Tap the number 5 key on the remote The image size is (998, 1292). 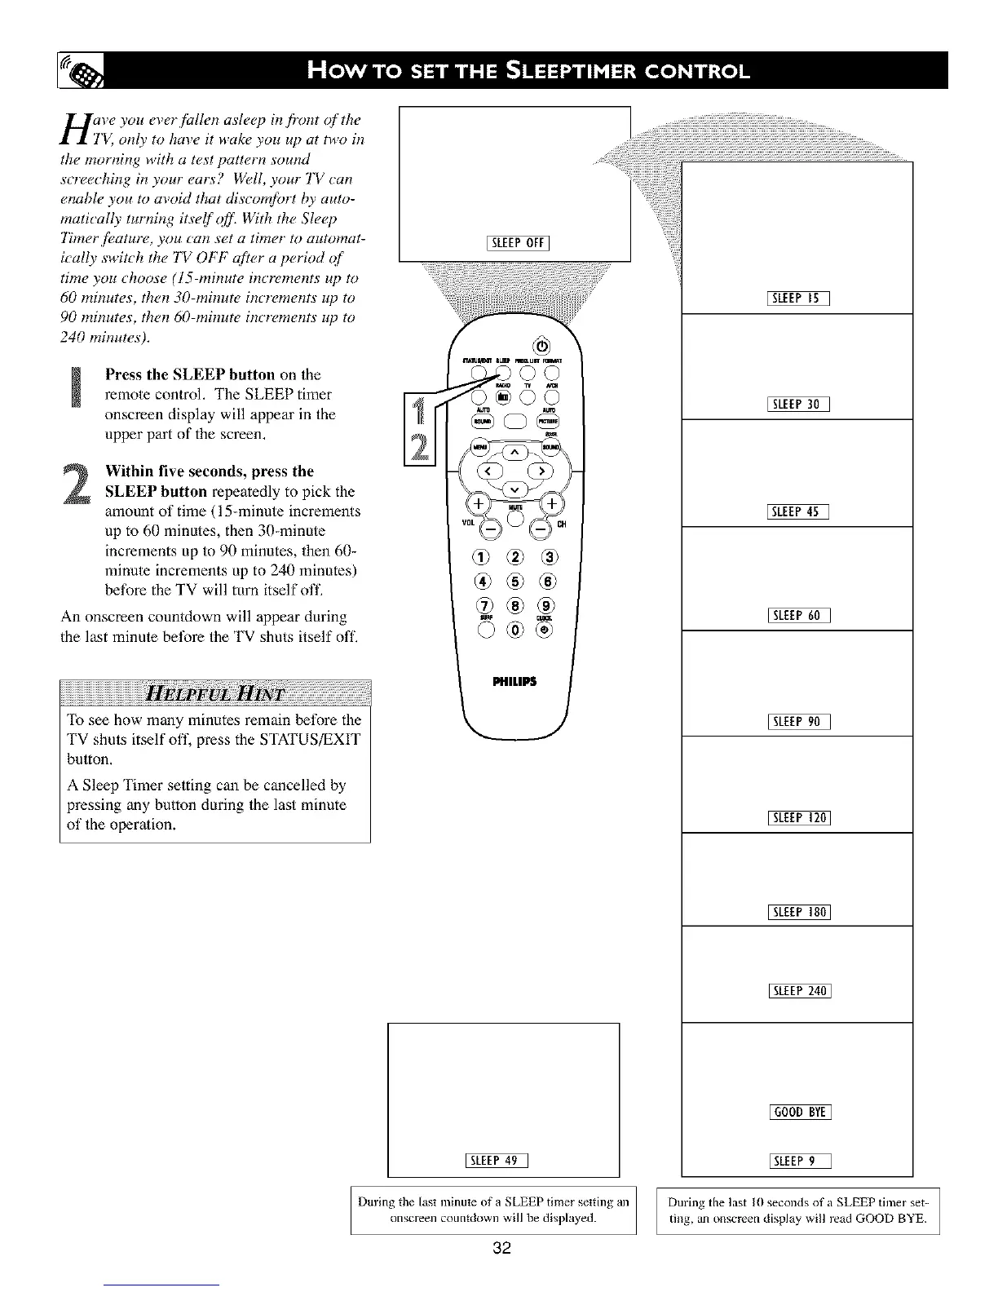[514, 582]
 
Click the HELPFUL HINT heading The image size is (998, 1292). [214, 695]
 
